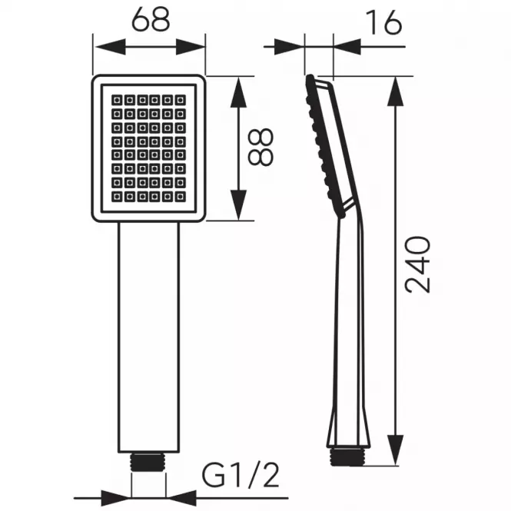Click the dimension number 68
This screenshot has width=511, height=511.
click(151, 19)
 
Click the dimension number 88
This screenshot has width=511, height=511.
click(260, 147)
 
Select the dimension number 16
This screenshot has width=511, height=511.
click(383, 22)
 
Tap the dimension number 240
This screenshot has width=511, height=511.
click(417, 264)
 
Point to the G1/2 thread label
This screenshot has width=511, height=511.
click(241, 476)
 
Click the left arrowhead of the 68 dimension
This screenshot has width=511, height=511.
click(111, 47)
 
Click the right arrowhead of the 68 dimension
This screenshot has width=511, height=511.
click(190, 47)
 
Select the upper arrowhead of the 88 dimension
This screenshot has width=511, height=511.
click(238, 92)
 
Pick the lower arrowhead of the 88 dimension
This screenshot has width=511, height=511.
click(238, 204)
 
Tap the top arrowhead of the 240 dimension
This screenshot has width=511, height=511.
click(396, 91)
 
